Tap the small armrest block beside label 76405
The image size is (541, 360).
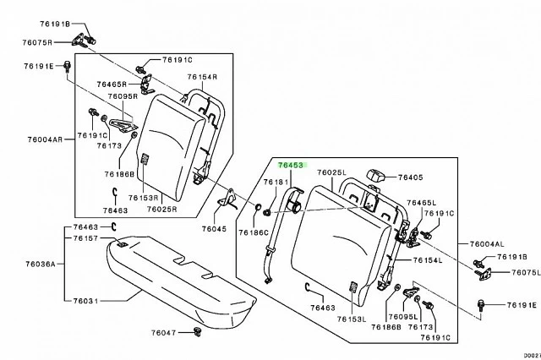[x=377, y=175]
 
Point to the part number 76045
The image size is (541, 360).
[x=215, y=229]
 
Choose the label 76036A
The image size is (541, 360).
[x=38, y=264]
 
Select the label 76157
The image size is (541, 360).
[x=86, y=239]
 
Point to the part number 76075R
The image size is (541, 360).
[x=39, y=42]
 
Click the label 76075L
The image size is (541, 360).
[x=509, y=272]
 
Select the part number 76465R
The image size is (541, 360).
[x=112, y=85]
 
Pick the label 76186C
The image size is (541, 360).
[x=253, y=232]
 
